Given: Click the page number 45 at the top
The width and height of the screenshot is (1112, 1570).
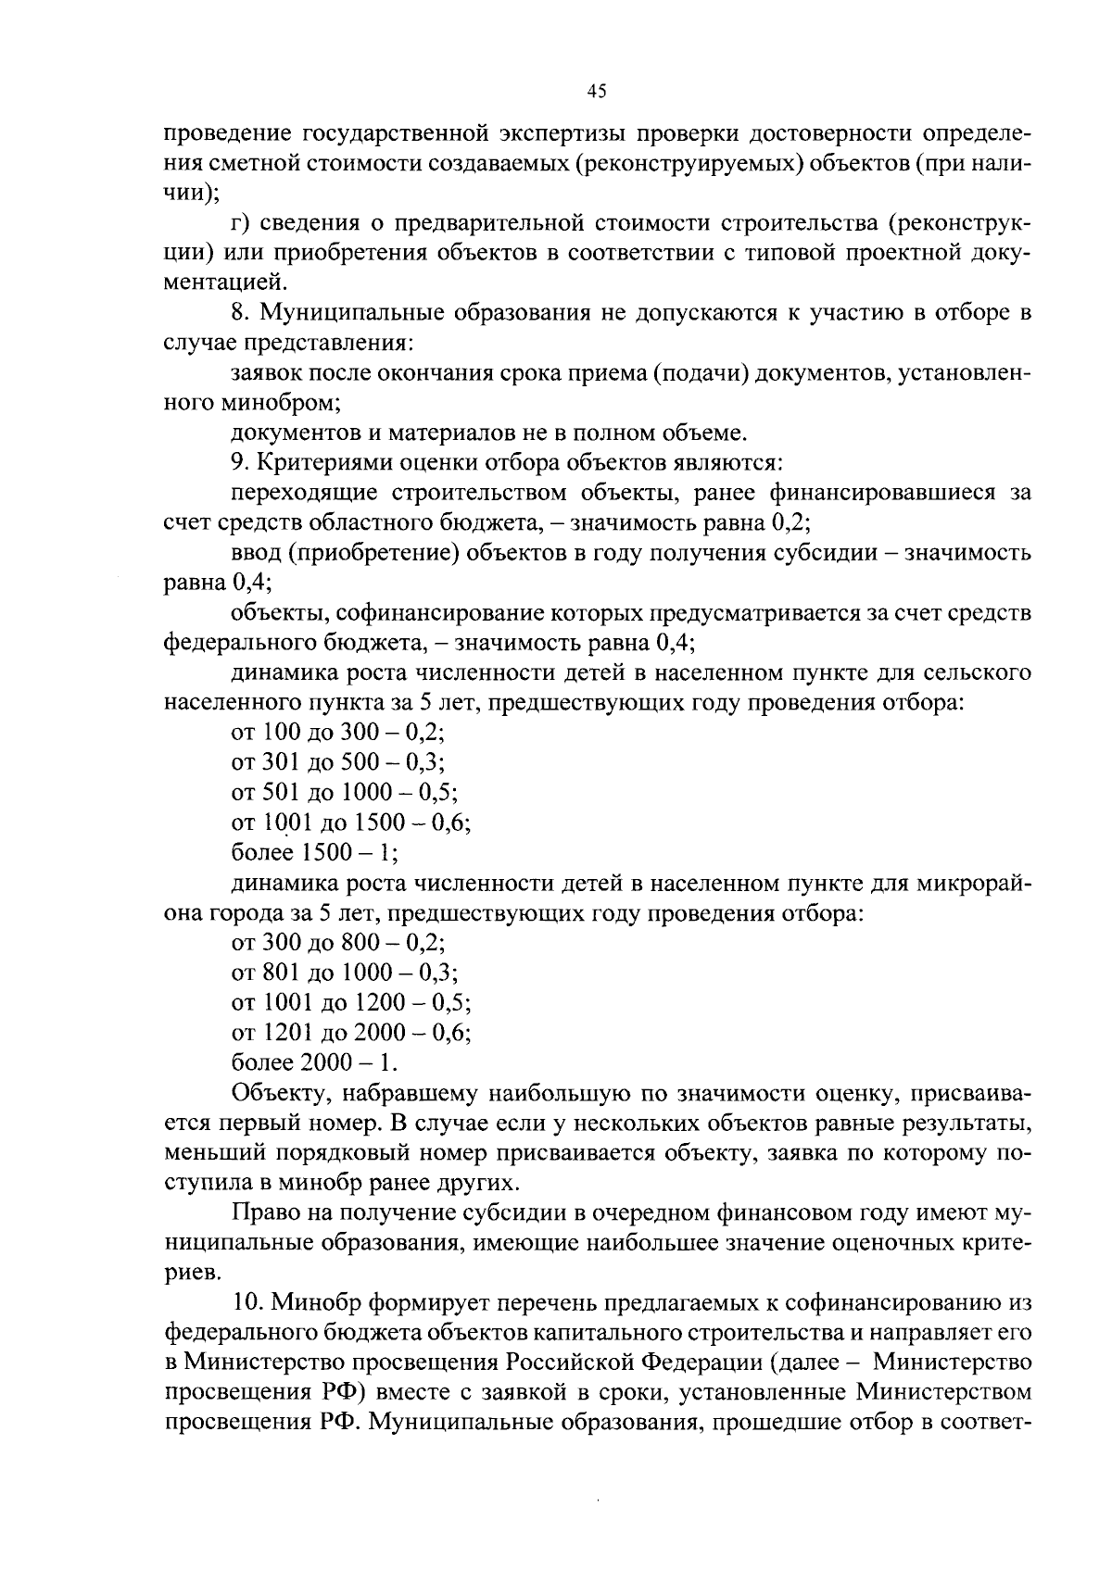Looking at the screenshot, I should tap(596, 90).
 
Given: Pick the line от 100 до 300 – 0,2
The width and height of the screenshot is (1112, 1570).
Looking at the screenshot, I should tap(338, 733).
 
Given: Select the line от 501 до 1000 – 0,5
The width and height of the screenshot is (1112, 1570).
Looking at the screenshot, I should tap(345, 793).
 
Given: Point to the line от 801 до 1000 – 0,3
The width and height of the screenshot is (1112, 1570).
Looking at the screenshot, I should tap(345, 973).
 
